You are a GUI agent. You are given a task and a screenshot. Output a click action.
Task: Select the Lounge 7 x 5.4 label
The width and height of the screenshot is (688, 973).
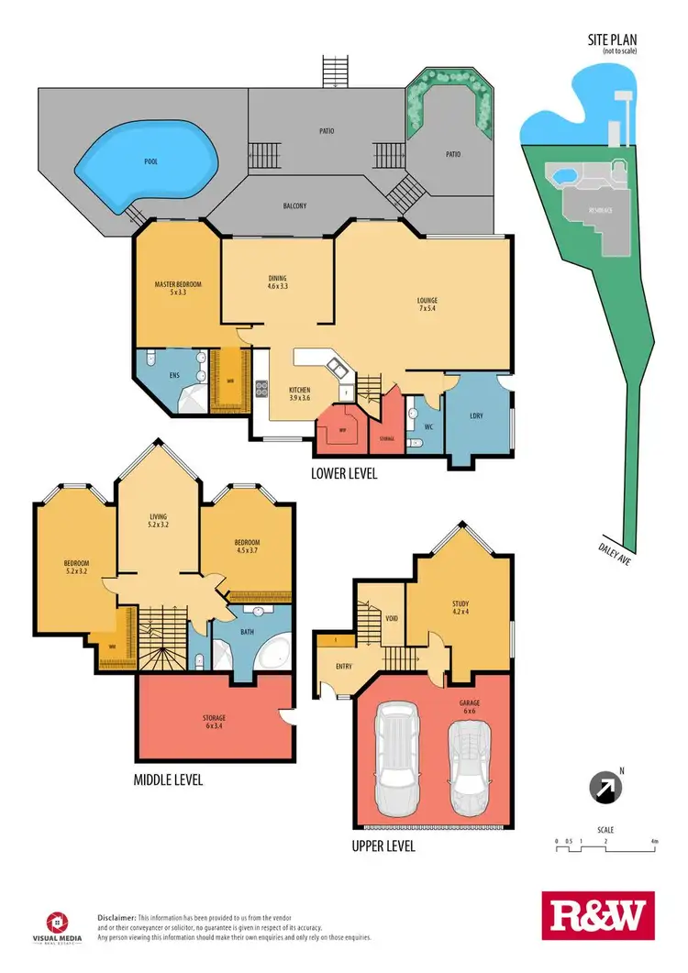click(x=426, y=304)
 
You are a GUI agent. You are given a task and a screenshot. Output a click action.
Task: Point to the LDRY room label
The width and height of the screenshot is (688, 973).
click(x=477, y=416)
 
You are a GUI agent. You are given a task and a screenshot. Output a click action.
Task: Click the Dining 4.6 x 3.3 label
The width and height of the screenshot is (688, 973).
click(x=278, y=282)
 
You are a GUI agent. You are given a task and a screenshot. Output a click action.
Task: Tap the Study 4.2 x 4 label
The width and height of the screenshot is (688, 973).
click(x=460, y=607)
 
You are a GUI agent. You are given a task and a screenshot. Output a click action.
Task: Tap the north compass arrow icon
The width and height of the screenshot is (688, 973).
click(x=605, y=787)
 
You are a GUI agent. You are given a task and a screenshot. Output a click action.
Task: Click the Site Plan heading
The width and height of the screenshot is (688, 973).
click(x=612, y=41)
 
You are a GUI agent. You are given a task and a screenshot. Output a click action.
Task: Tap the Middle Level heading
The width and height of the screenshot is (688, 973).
click(x=168, y=780)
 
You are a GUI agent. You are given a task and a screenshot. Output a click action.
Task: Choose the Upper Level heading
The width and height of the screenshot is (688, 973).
click(x=383, y=846)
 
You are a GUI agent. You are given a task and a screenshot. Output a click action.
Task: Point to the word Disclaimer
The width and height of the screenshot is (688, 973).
click(x=117, y=917)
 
